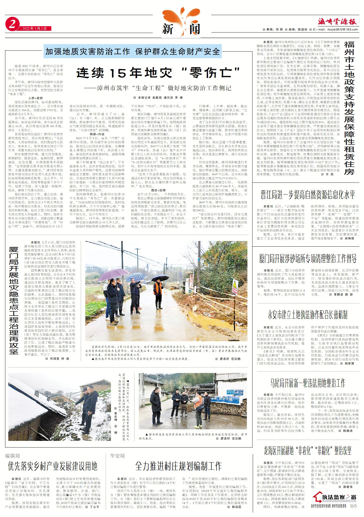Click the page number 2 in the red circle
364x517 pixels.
(x=12, y=24)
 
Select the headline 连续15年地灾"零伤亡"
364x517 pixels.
(x=158, y=73)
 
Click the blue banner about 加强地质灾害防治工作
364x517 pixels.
(x=132, y=52)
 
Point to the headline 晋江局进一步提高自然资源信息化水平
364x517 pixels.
(x=308, y=195)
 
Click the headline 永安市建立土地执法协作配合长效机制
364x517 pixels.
(x=308, y=315)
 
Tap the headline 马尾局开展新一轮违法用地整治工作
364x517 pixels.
(x=308, y=383)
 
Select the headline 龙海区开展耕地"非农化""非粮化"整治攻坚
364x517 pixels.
(x=308, y=451)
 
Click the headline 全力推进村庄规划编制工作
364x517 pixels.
(x=178, y=466)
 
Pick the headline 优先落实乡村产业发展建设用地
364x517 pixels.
(x=52, y=466)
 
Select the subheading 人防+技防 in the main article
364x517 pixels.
(x=35, y=98)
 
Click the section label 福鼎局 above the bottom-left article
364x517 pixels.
(x=12, y=456)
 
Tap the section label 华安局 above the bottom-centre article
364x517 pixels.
(x=117, y=456)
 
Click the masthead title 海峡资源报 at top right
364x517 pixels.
(x=337, y=22)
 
